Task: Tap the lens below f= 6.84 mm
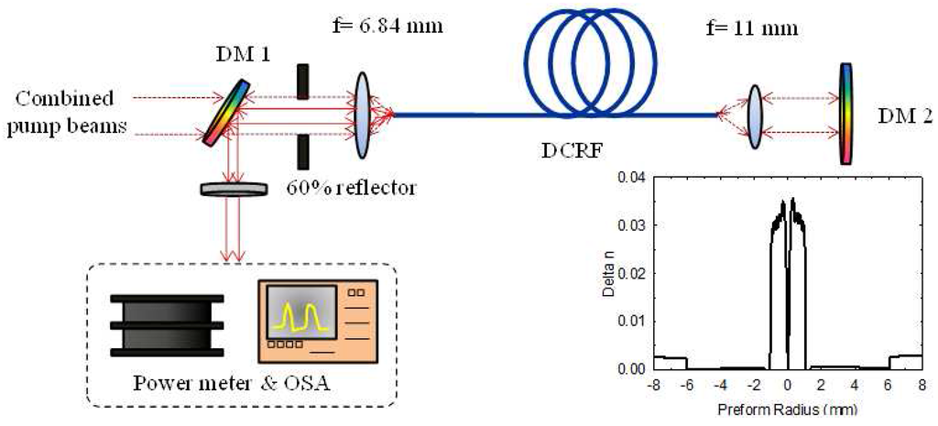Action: pos(364,112)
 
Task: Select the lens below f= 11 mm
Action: pos(755,115)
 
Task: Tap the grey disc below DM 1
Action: pos(234,189)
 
